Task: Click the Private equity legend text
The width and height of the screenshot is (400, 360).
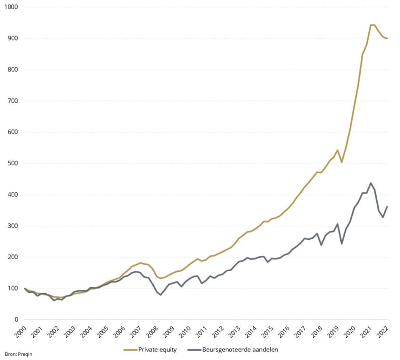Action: pyautogui.click(x=157, y=349)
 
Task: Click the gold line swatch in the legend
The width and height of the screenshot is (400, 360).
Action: pyautogui.click(x=130, y=349)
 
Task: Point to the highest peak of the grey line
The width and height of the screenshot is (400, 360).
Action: pyautogui.click(x=371, y=183)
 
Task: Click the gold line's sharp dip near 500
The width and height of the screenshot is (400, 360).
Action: pyautogui.click(x=342, y=162)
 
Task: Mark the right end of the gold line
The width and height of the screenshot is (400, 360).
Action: pyautogui.click(x=387, y=39)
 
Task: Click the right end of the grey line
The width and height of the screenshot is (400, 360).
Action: pyautogui.click(x=387, y=207)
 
